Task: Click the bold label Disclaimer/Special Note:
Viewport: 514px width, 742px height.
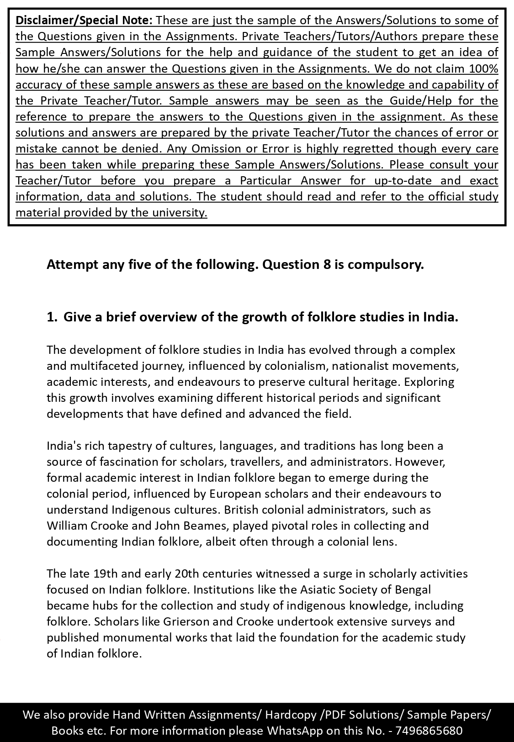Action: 84,21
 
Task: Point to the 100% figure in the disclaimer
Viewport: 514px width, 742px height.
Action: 483,68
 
